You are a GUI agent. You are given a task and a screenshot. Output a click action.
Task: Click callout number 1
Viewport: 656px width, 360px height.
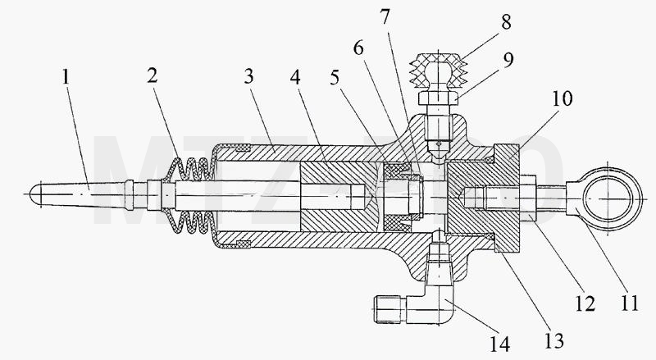pos(66,77)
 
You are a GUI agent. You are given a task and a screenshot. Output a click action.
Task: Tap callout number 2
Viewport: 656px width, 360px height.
pos(153,75)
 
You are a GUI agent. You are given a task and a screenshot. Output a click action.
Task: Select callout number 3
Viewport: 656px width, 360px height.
pos(249,76)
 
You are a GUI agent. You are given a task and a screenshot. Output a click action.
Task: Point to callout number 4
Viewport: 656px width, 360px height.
pos(295,77)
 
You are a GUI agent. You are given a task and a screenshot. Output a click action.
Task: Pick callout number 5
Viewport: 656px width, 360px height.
pos(335,77)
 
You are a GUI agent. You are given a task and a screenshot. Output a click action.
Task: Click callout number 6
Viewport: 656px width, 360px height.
pos(358,48)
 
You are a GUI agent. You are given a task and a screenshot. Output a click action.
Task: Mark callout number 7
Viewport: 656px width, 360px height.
pos(385,16)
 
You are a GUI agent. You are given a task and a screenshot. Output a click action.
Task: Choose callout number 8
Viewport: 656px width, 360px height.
pos(506,22)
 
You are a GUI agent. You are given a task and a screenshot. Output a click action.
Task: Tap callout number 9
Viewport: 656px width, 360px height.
pos(508,61)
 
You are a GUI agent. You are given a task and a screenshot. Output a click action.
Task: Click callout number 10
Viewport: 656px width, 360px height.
pos(563,98)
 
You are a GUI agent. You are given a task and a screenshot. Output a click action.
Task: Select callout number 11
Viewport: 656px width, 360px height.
pos(629,303)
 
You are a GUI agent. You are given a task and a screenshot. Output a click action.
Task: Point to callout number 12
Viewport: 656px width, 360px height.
pos(585,304)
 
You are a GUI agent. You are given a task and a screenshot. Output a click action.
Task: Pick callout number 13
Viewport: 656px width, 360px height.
pos(554,340)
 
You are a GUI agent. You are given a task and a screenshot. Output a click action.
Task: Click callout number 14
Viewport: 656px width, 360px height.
pos(500,344)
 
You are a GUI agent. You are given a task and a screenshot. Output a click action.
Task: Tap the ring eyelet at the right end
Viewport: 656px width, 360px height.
pos(604,199)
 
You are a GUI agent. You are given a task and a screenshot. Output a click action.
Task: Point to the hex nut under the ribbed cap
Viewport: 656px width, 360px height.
pos(438,98)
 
